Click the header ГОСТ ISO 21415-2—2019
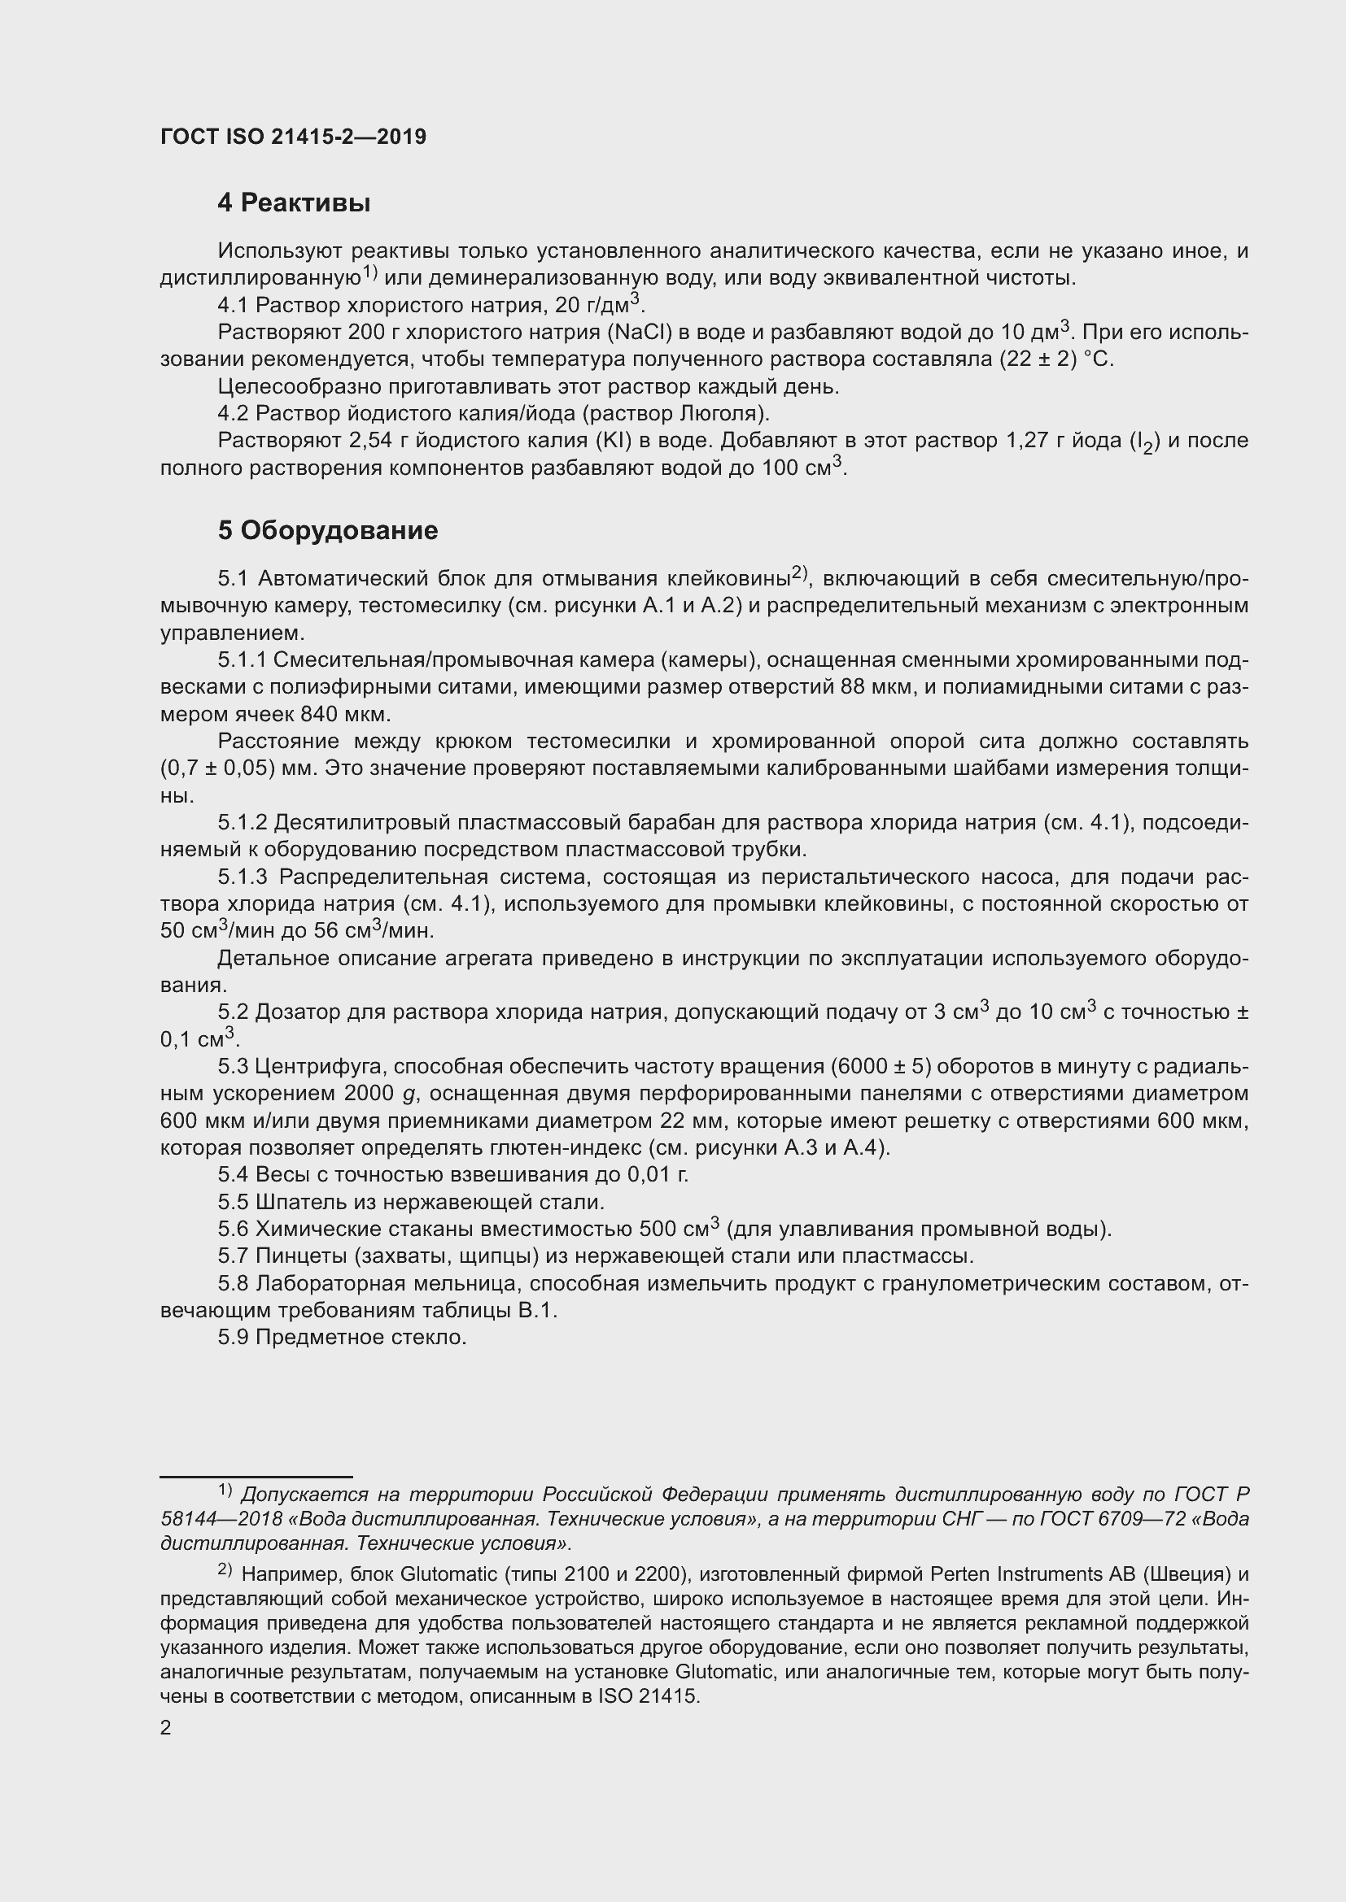[294, 137]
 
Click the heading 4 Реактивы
[294, 203]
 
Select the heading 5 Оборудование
[327, 530]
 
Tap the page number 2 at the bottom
[166, 1728]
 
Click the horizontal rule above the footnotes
[256, 1476]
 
